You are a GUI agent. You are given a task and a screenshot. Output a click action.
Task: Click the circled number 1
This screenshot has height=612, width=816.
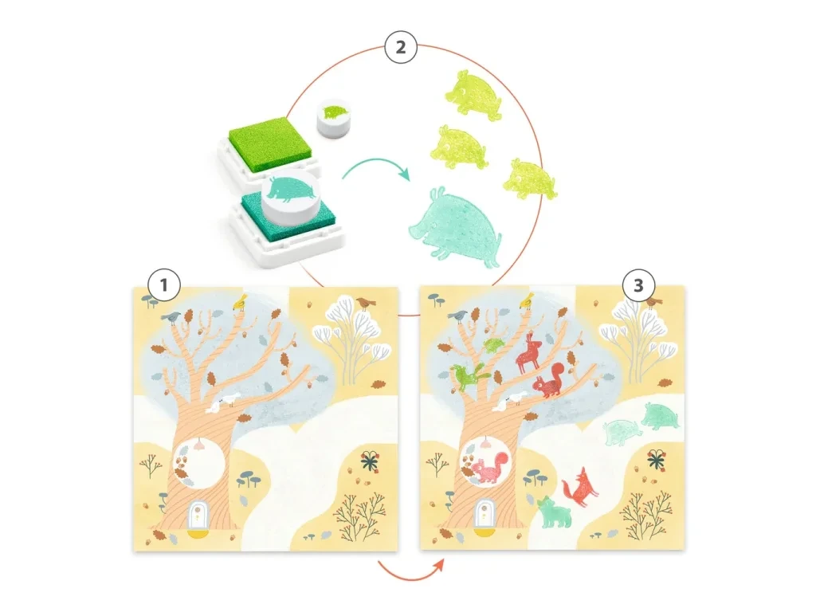(x=164, y=285)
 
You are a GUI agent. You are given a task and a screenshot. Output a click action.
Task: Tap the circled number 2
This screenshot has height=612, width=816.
(x=401, y=47)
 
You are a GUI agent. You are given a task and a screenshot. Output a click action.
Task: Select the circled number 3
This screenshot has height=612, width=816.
(x=638, y=285)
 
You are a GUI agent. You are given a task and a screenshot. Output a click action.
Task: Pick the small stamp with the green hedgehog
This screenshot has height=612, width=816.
(x=333, y=118)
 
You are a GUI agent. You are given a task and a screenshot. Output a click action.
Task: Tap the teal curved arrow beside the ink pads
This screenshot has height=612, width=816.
(x=376, y=168)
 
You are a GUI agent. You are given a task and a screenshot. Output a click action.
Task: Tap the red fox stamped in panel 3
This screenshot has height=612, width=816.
(x=579, y=486)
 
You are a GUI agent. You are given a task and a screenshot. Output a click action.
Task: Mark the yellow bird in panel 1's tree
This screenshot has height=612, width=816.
(x=240, y=301)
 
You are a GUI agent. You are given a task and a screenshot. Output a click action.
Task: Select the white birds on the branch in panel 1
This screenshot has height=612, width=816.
(x=223, y=402)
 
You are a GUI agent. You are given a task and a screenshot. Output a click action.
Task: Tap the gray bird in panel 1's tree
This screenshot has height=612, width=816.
(x=171, y=317)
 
